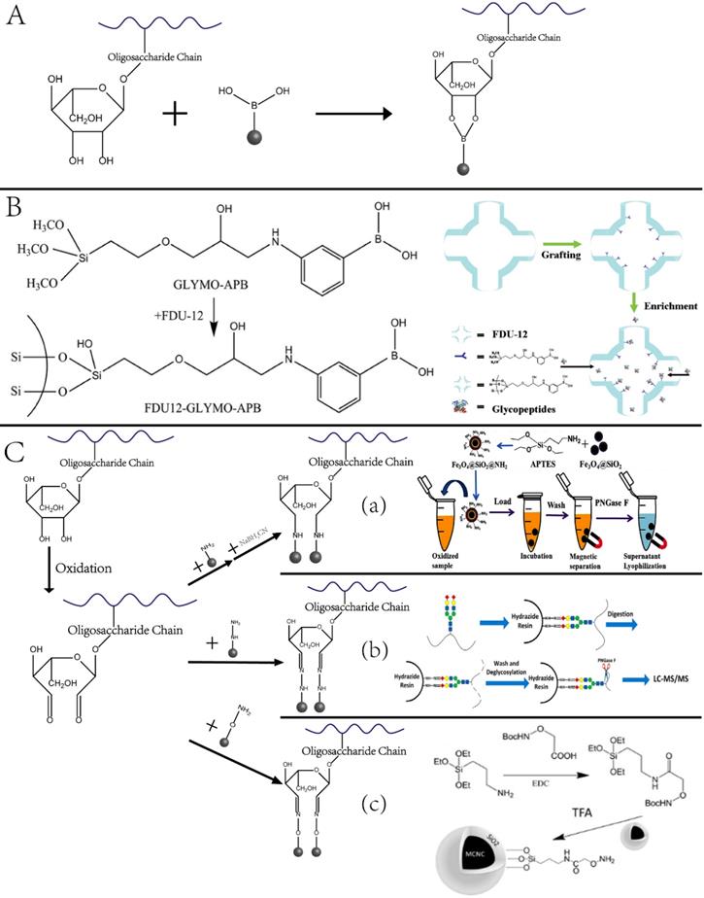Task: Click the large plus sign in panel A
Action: tap(175, 114)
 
